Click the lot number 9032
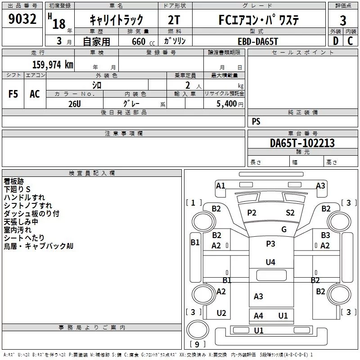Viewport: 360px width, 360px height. point(22,19)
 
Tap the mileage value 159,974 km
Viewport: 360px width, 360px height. point(53,65)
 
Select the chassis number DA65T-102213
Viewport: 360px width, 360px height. point(302,143)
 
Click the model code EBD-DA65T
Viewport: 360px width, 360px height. point(258,41)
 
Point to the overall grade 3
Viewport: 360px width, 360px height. point(343,21)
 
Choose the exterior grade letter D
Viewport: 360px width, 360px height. point(336,41)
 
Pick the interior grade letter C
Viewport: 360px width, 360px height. point(350,41)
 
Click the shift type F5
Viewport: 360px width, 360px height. point(13,94)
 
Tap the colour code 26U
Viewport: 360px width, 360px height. point(75,104)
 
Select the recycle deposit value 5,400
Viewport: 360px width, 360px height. point(227,104)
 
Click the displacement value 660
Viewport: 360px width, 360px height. point(139,41)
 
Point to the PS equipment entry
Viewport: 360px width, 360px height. point(256,121)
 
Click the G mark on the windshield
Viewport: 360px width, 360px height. point(284,229)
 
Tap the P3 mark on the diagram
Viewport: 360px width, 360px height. point(270,243)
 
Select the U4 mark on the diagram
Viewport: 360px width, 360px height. point(270,262)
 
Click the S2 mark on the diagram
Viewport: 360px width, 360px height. point(290,213)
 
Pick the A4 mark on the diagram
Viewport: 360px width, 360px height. point(258,316)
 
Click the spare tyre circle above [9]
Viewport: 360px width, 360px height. point(198,329)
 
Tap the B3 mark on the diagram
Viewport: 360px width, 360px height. point(325,235)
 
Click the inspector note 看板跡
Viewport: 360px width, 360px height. point(14,181)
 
